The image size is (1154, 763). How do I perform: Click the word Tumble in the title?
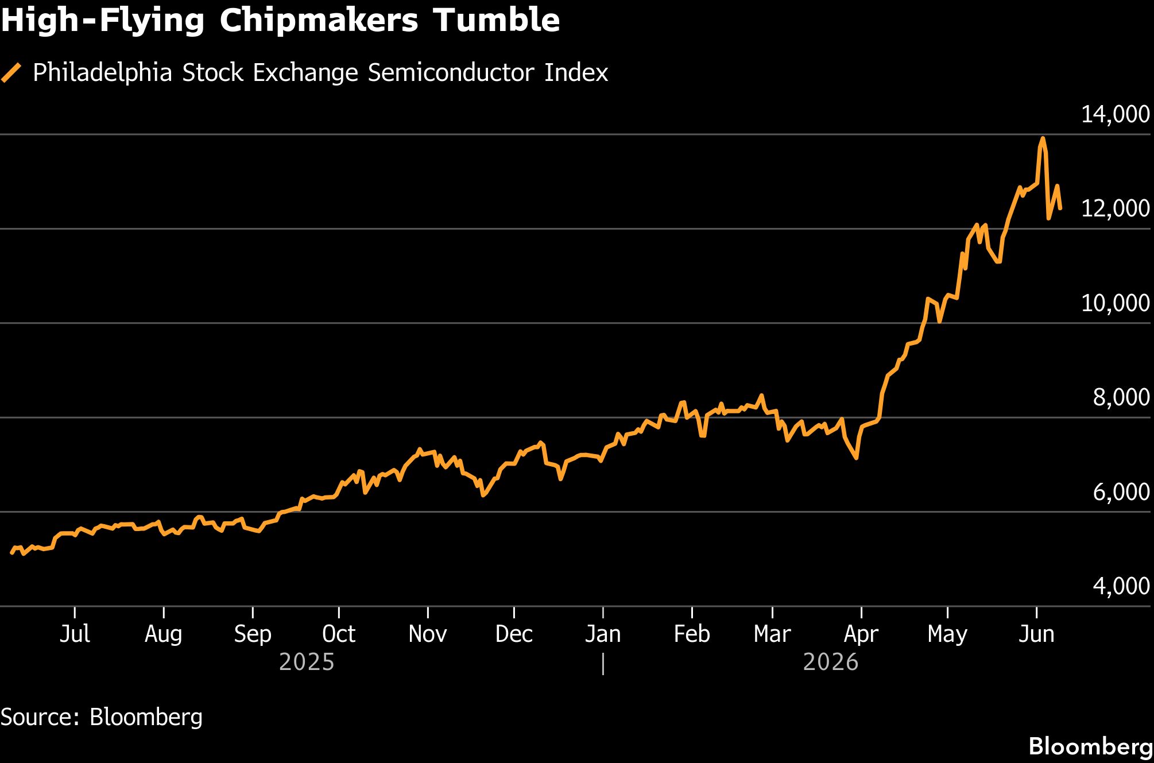tap(496, 21)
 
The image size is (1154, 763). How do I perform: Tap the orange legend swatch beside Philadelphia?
tap(11, 73)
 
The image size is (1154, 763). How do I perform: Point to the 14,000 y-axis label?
tap(1116, 114)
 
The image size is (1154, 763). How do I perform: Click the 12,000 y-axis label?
tap(1116, 208)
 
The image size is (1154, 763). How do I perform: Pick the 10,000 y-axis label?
tap(1116, 303)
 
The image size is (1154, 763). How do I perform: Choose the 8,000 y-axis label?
tap(1121, 397)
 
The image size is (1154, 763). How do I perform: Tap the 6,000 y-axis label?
tap(1121, 492)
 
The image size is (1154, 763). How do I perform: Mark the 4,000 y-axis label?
tap(1121, 586)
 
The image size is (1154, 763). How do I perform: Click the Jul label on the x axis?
tap(75, 634)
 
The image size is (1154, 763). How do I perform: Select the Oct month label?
tap(339, 634)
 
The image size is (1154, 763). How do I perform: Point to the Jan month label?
tap(603, 634)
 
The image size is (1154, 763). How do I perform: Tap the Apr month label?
tap(861, 634)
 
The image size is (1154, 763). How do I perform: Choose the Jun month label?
tap(1036, 634)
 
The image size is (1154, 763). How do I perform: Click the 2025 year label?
tap(307, 662)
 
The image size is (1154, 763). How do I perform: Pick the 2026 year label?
tap(830, 662)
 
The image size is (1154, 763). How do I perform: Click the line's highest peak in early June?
tap(1043, 138)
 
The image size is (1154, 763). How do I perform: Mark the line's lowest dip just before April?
tap(856, 458)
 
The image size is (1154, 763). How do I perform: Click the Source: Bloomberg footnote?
tap(102, 717)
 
